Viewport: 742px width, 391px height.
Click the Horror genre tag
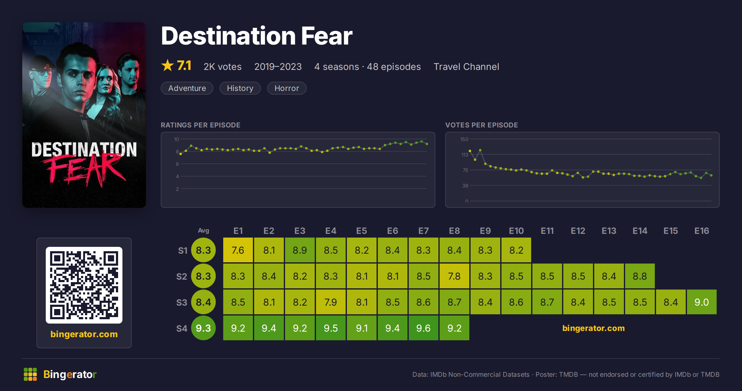287,88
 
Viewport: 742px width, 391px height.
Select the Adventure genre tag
187,88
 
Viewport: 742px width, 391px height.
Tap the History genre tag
240,88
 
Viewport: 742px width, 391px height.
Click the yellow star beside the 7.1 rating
168,65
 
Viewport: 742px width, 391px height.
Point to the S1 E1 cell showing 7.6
238,250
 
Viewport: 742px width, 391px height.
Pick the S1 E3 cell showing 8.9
300,250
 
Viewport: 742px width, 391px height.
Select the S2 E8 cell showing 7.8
454,276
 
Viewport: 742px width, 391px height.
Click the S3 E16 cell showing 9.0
702,302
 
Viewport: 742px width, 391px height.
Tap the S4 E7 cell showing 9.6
424,328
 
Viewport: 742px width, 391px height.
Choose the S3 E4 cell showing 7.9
331,302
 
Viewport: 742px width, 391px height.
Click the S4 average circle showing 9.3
203,328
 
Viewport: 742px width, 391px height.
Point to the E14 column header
640,231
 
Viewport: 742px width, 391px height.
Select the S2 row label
182,276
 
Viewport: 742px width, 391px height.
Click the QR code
84,285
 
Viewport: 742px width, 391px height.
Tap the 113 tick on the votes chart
465,155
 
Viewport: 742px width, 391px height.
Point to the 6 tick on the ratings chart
177,164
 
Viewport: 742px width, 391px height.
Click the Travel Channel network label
466,67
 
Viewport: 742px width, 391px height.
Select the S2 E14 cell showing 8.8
640,276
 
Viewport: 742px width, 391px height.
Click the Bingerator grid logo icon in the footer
30,374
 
